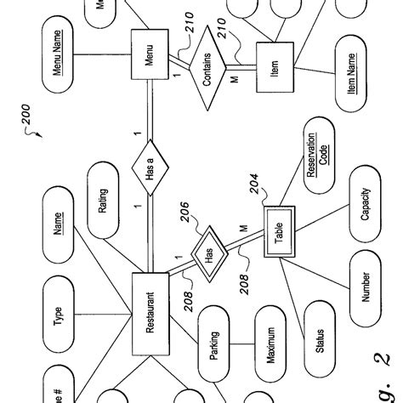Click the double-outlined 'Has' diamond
point(209,253)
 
